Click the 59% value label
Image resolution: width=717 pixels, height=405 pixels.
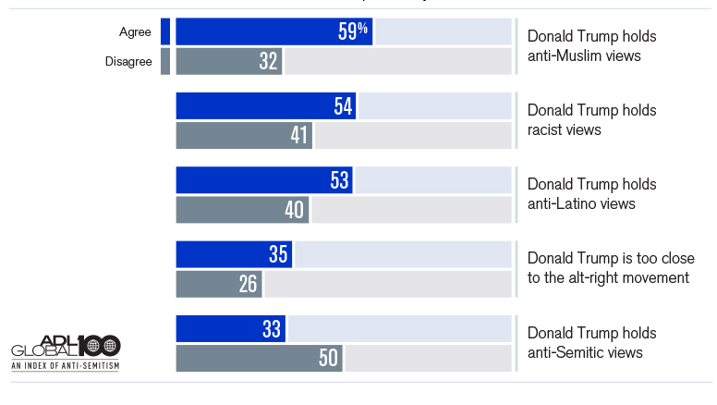click(353, 31)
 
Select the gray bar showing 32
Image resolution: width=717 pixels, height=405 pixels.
click(229, 61)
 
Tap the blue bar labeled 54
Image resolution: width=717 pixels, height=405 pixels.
click(266, 105)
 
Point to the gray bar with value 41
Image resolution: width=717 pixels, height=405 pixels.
click(244, 135)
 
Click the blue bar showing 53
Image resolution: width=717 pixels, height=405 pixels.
click(264, 180)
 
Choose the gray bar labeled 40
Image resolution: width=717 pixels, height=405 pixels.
click(242, 210)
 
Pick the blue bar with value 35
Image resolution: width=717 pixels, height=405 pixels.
click(234, 254)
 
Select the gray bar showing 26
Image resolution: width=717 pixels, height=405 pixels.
click(219, 284)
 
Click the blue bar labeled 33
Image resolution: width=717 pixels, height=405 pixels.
click(231, 328)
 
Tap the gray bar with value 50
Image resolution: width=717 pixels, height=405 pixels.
click(260, 359)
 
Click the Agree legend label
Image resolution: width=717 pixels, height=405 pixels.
click(135, 32)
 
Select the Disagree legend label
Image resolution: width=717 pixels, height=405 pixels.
click(128, 62)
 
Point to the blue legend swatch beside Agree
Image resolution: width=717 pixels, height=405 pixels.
click(165, 31)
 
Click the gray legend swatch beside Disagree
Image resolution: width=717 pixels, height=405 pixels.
click(165, 61)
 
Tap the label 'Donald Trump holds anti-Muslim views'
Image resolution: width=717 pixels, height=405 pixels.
click(591, 45)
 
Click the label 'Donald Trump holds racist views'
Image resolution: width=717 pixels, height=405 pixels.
click(591, 120)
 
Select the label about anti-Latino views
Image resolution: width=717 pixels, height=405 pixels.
click(591, 194)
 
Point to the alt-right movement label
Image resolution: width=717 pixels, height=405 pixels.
click(611, 268)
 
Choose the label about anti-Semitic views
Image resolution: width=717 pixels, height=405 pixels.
click(591, 343)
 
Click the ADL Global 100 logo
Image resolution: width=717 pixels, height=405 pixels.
click(66, 352)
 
